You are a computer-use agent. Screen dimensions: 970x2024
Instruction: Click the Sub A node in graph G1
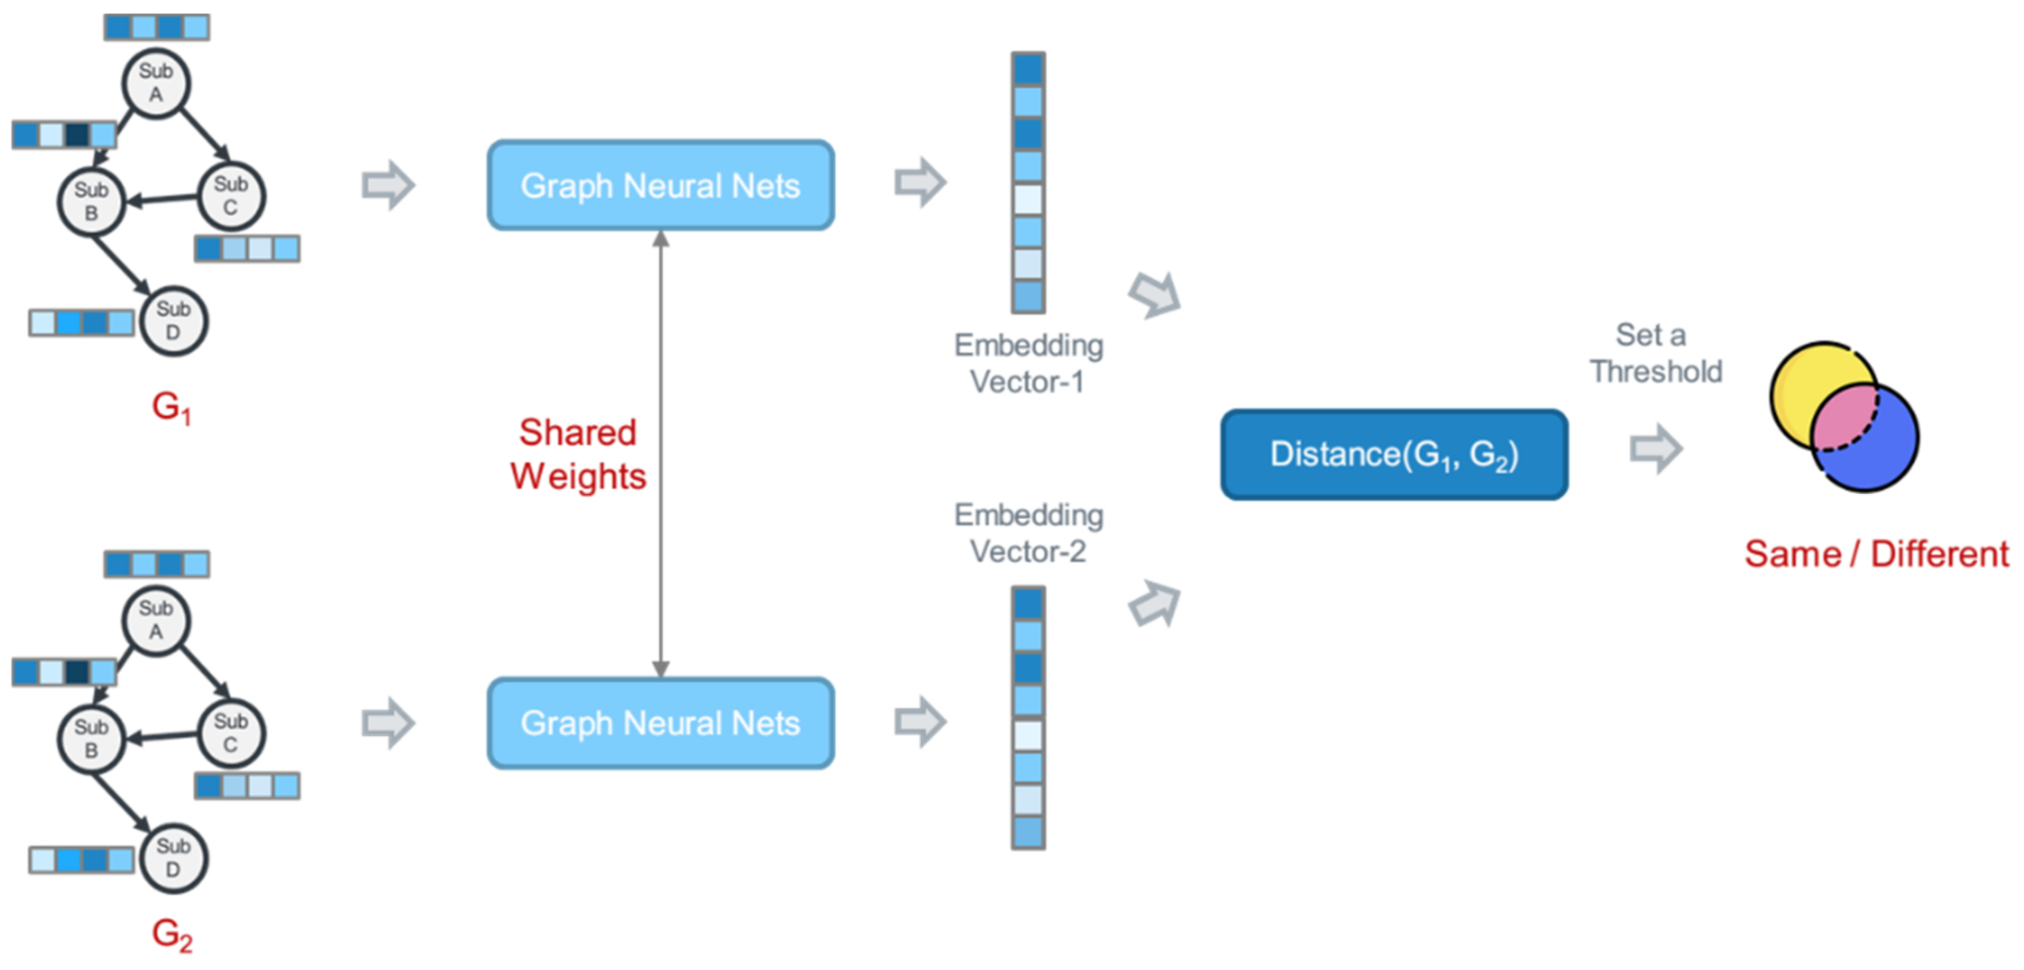156,83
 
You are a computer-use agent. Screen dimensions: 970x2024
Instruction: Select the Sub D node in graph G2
173,858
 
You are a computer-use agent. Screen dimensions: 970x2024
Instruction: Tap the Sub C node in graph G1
230,195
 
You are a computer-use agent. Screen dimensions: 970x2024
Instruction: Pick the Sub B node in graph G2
91,739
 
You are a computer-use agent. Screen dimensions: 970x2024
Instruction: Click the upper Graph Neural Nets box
660,186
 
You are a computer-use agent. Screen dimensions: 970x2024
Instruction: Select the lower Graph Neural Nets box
660,722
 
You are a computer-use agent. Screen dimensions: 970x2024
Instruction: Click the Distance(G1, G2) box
1394,455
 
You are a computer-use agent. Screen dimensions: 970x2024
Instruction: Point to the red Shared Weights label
578,454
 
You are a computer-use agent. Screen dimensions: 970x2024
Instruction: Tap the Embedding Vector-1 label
1028,363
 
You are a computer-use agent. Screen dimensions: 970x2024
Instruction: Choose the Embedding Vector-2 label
1028,532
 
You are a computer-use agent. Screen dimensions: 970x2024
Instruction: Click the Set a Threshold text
1655,354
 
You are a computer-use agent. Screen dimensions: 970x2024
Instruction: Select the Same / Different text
1876,554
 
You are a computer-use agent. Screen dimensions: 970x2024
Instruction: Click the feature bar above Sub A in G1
156,27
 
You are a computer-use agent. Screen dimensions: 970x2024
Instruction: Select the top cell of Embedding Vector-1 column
1028,68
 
